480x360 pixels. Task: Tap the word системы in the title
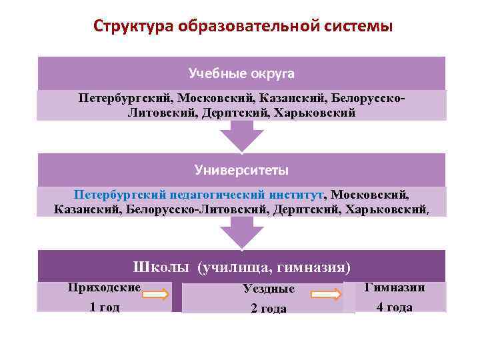coord(358,27)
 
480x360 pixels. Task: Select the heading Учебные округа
coord(241,72)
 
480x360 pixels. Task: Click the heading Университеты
coord(241,170)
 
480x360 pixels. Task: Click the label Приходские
coord(104,288)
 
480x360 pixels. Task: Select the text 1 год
coord(104,307)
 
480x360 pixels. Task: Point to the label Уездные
coord(269,289)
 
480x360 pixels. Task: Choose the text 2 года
coord(269,308)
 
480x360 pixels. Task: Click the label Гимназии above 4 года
coord(395,287)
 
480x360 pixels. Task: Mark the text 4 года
coord(394,307)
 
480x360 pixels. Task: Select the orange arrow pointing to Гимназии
coord(327,294)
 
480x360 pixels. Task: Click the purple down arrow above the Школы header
coord(241,232)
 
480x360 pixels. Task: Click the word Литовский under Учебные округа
coord(158,113)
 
